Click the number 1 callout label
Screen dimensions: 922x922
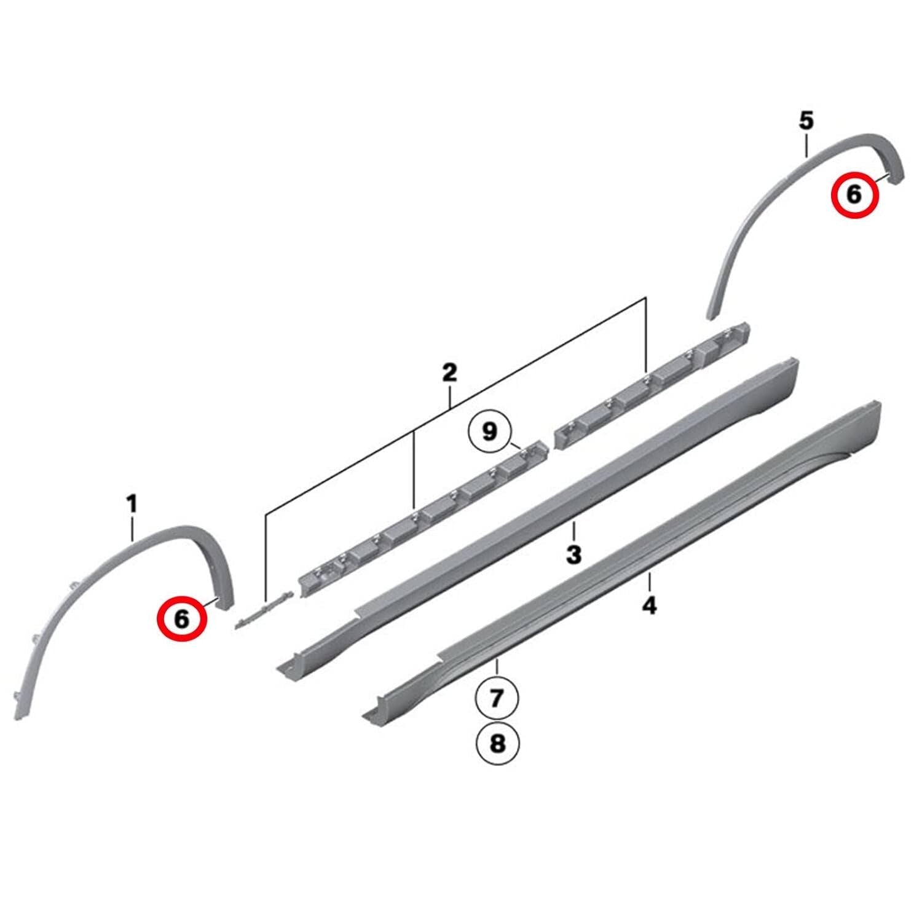[132, 505]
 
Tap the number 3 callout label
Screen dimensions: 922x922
[573, 555]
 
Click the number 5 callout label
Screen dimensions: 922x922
[806, 121]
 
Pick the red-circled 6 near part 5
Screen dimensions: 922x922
[854, 195]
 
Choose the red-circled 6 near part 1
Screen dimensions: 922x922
[182, 618]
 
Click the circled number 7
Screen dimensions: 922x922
[497, 698]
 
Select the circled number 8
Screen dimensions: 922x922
[497, 744]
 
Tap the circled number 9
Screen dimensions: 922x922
[489, 432]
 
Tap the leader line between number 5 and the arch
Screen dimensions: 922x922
[806, 145]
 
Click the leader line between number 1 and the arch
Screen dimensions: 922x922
[132, 529]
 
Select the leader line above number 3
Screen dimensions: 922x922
[573, 530]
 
